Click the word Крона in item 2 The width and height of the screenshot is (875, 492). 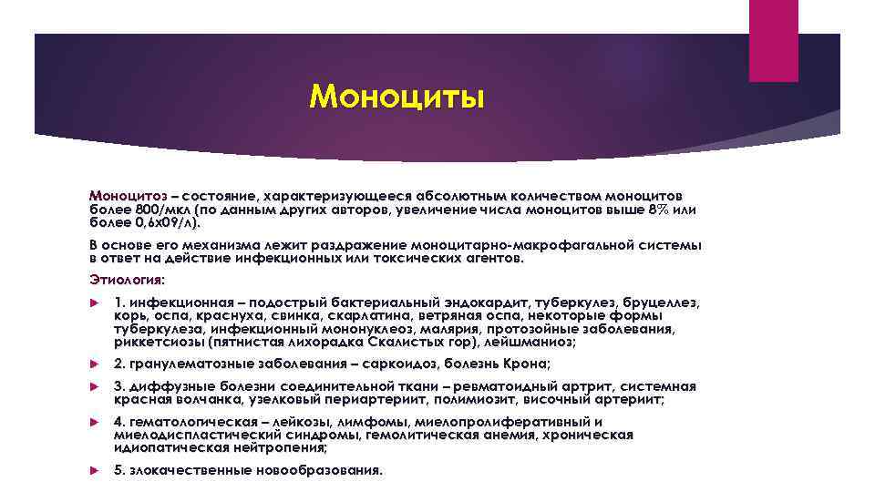point(526,364)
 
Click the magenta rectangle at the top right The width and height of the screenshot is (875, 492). point(773,40)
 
